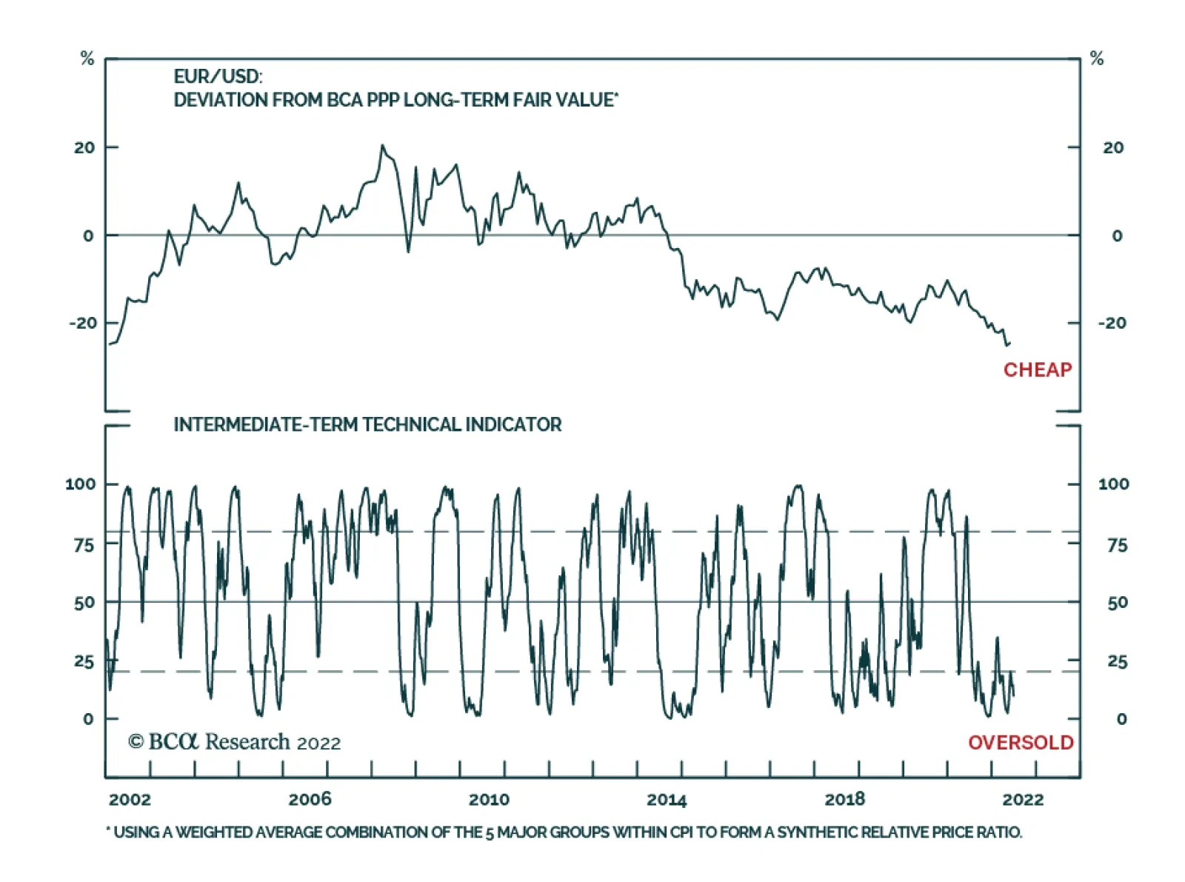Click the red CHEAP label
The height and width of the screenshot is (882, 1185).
tap(1037, 370)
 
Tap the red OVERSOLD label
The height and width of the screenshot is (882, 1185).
tap(1020, 742)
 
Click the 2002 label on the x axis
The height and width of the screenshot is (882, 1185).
tap(130, 799)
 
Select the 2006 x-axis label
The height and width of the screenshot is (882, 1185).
tap(310, 799)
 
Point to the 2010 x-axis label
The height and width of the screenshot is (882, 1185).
tap(489, 799)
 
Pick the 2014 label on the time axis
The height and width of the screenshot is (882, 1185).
tap(667, 799)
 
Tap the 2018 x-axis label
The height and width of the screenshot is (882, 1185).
tap(844, 799)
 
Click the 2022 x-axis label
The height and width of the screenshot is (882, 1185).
tap(1023, 799)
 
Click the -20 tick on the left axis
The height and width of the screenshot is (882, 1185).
tap(83, 323)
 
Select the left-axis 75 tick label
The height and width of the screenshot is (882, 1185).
tap(84, 545)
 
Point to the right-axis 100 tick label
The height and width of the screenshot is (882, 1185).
tap(1113, 484)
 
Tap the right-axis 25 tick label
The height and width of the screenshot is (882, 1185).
tap(1117, 661)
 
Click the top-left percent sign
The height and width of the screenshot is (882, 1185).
tap(87, 59)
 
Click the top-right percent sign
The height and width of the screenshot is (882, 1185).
tap(1097, 59)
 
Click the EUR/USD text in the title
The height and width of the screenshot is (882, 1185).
tap(218, 76)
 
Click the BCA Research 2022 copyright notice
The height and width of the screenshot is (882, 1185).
tap(234, 742)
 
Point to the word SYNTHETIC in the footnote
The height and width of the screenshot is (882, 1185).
tap(814, 832)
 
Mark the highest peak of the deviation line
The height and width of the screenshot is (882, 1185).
tap(382, 145)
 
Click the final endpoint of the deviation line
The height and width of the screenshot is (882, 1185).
tap(1009, 342)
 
